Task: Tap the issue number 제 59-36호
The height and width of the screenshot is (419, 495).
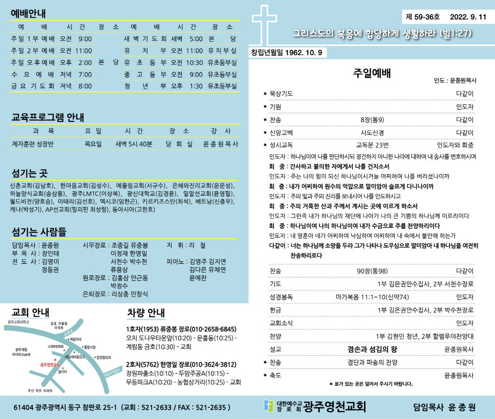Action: pyautogui.click(x=423, y=17)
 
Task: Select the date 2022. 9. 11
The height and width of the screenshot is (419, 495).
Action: pyautogui.click(x=468, y=17)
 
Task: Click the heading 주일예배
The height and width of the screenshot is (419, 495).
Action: pyautogui.click(x=372, y=74)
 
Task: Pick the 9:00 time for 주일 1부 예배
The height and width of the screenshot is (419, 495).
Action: pyautogui.click(x=85, y=39)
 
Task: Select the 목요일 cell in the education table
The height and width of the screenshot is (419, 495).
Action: pyautogui.click(x=93, y=144)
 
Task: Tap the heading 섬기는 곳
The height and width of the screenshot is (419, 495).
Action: pyautogui.click(x=29, y=173)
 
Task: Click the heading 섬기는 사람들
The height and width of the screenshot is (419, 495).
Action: pyautogui.click(x=39, y=231)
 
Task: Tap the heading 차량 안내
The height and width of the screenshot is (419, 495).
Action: pyautogui.click(x=146, y=312)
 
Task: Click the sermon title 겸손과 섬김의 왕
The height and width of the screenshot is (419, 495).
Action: pyautogui.click(x=372, y=349)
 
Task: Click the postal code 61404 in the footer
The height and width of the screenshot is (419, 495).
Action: pyautogui.click(x=24, y=407)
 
